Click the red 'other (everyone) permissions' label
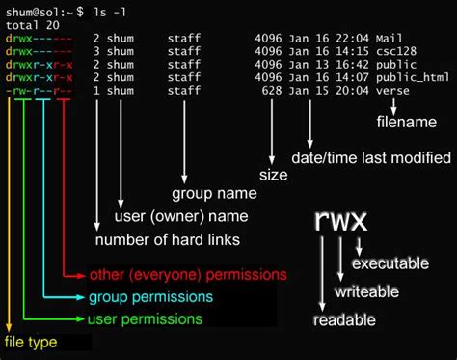[187, 275]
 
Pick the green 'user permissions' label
[145, 318]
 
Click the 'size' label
[274, 175]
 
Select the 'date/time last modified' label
[372, 156]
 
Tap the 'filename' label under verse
[404, 122]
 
